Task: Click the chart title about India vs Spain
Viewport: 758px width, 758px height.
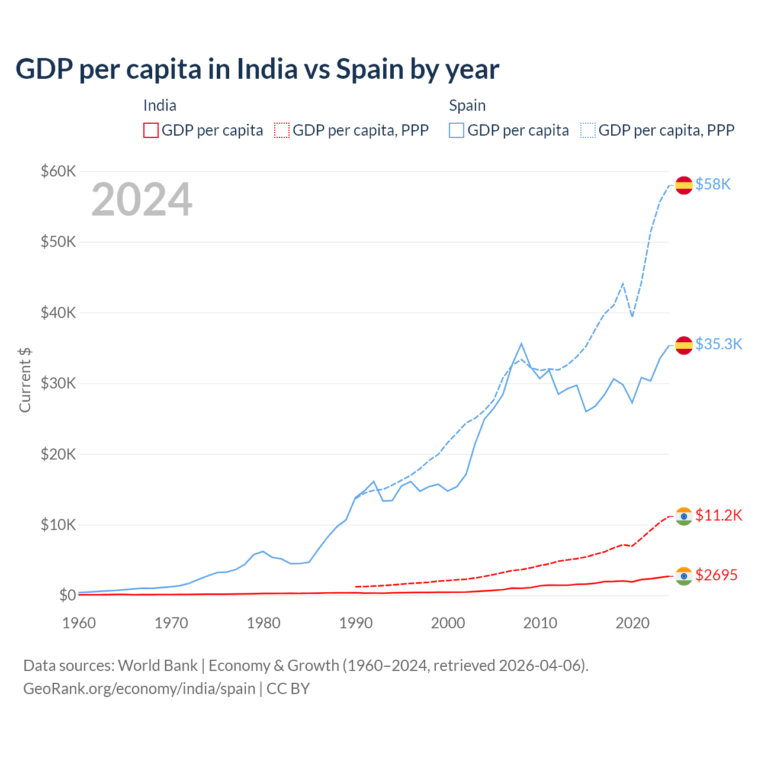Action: (257, 69)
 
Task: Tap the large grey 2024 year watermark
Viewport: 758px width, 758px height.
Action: (142, 200)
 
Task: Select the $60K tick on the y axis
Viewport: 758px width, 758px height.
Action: (58, 171)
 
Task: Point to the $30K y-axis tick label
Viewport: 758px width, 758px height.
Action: (58, 383)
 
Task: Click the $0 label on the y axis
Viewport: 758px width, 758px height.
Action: (67, 595)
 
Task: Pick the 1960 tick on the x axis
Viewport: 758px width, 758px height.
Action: (79, 623)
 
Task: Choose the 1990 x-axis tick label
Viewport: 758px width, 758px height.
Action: (356, 623)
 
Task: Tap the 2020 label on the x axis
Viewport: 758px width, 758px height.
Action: (632, 623)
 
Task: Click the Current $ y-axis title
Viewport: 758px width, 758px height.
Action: (25, 380)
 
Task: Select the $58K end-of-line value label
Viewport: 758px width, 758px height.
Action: (713, 185)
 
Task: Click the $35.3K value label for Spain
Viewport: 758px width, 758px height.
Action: (718, 344)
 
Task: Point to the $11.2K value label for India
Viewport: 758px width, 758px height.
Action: (718, 515)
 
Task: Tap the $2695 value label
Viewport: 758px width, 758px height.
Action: (716, 575)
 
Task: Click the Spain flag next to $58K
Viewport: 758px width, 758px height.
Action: (684, 185)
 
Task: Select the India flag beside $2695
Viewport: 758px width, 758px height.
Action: (684, 576)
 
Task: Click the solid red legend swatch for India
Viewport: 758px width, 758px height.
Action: (151, 130)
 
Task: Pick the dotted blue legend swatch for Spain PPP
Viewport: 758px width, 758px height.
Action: (588, 130)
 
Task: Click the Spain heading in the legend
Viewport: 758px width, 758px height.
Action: (467, 105)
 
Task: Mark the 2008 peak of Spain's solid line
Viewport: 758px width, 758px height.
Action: (521, 343)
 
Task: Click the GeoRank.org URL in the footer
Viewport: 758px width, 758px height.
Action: (139, 689)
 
